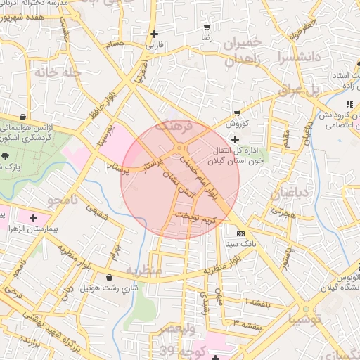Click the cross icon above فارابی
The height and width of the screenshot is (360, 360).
point(154,34)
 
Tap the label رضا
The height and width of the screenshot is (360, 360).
point(206,35)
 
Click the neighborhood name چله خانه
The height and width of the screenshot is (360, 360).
point(58,72)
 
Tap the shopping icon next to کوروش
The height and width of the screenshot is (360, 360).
point(238,112)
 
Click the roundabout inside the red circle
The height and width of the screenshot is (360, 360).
point(181,149)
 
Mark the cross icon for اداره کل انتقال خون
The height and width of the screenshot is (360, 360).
point(235,140)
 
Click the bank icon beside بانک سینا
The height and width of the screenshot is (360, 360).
point(241,233)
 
